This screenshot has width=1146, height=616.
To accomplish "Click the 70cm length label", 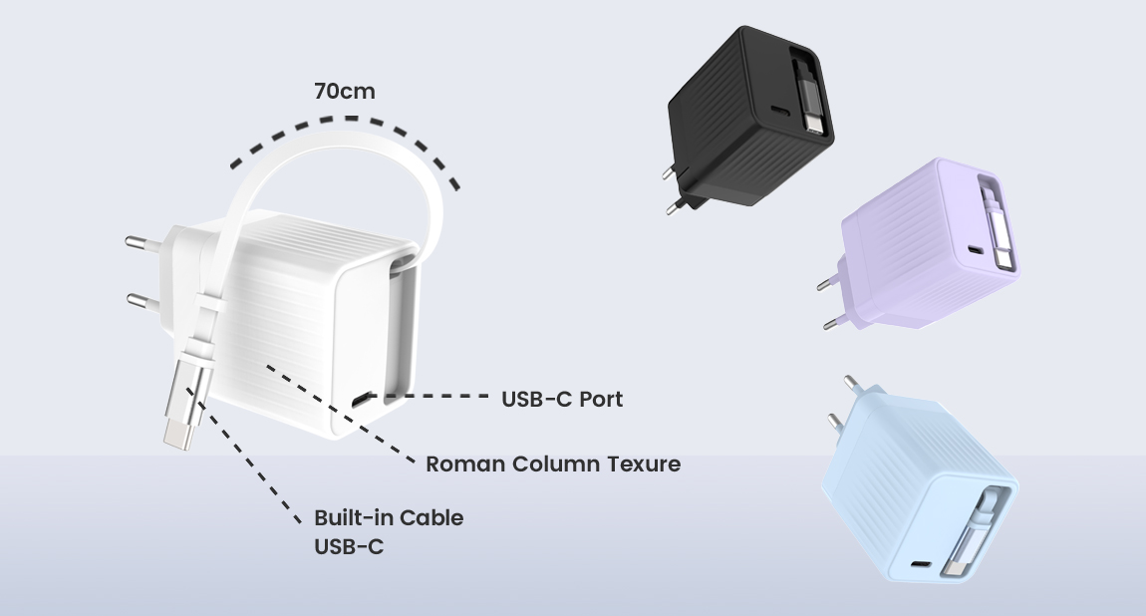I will click(x=345, y=92).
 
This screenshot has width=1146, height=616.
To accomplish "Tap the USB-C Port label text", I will click(x=562, y=400).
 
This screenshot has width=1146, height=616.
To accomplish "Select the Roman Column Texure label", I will click(x=553, y=463).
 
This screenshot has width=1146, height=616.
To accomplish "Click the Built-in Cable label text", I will click(x=389, y=518).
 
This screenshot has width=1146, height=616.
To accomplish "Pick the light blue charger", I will click(x=917, y=498).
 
